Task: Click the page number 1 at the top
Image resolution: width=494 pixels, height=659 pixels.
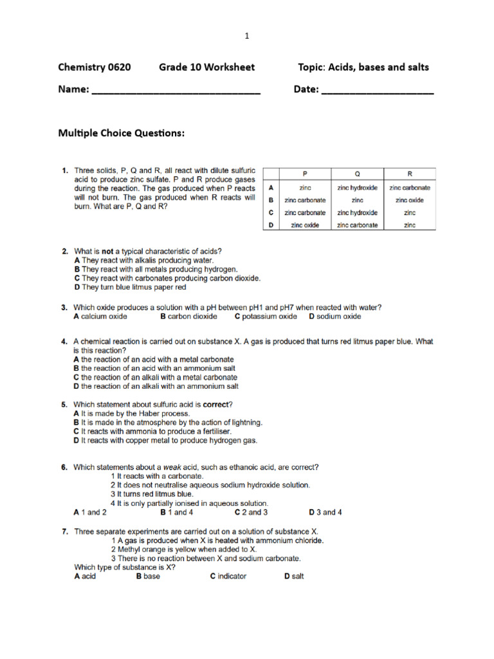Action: point(246,37)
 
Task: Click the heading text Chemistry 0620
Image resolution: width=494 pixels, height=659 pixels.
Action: point(94,67)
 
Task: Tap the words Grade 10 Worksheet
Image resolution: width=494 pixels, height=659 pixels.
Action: point(206,67)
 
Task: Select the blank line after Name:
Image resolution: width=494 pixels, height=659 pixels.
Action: point(176,91)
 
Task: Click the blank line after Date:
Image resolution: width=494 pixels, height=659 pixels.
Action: point(377,91)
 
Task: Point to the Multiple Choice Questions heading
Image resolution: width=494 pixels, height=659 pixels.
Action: point(122,133)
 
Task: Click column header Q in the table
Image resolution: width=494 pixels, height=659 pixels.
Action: point(357,174)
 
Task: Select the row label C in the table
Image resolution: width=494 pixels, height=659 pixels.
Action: point(271,212)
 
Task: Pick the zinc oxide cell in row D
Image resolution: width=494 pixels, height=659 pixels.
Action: point(305,225)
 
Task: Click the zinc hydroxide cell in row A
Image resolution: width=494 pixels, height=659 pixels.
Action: point(357,187)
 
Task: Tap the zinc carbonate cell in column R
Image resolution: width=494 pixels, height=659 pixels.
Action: point(410,187)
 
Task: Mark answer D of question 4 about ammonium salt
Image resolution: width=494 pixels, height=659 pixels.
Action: point(156,386)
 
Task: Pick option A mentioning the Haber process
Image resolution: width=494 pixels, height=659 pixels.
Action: point(132,413)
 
